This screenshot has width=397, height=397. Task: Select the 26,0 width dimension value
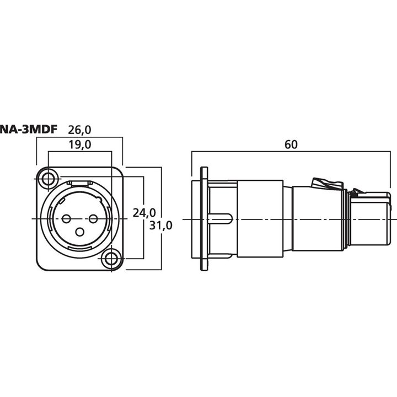[x=79, y=130]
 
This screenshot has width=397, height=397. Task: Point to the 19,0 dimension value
[x=79, y=145]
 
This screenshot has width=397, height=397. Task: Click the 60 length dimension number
[x=291, y=145]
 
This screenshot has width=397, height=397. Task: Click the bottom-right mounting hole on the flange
[x=111, y=259]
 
